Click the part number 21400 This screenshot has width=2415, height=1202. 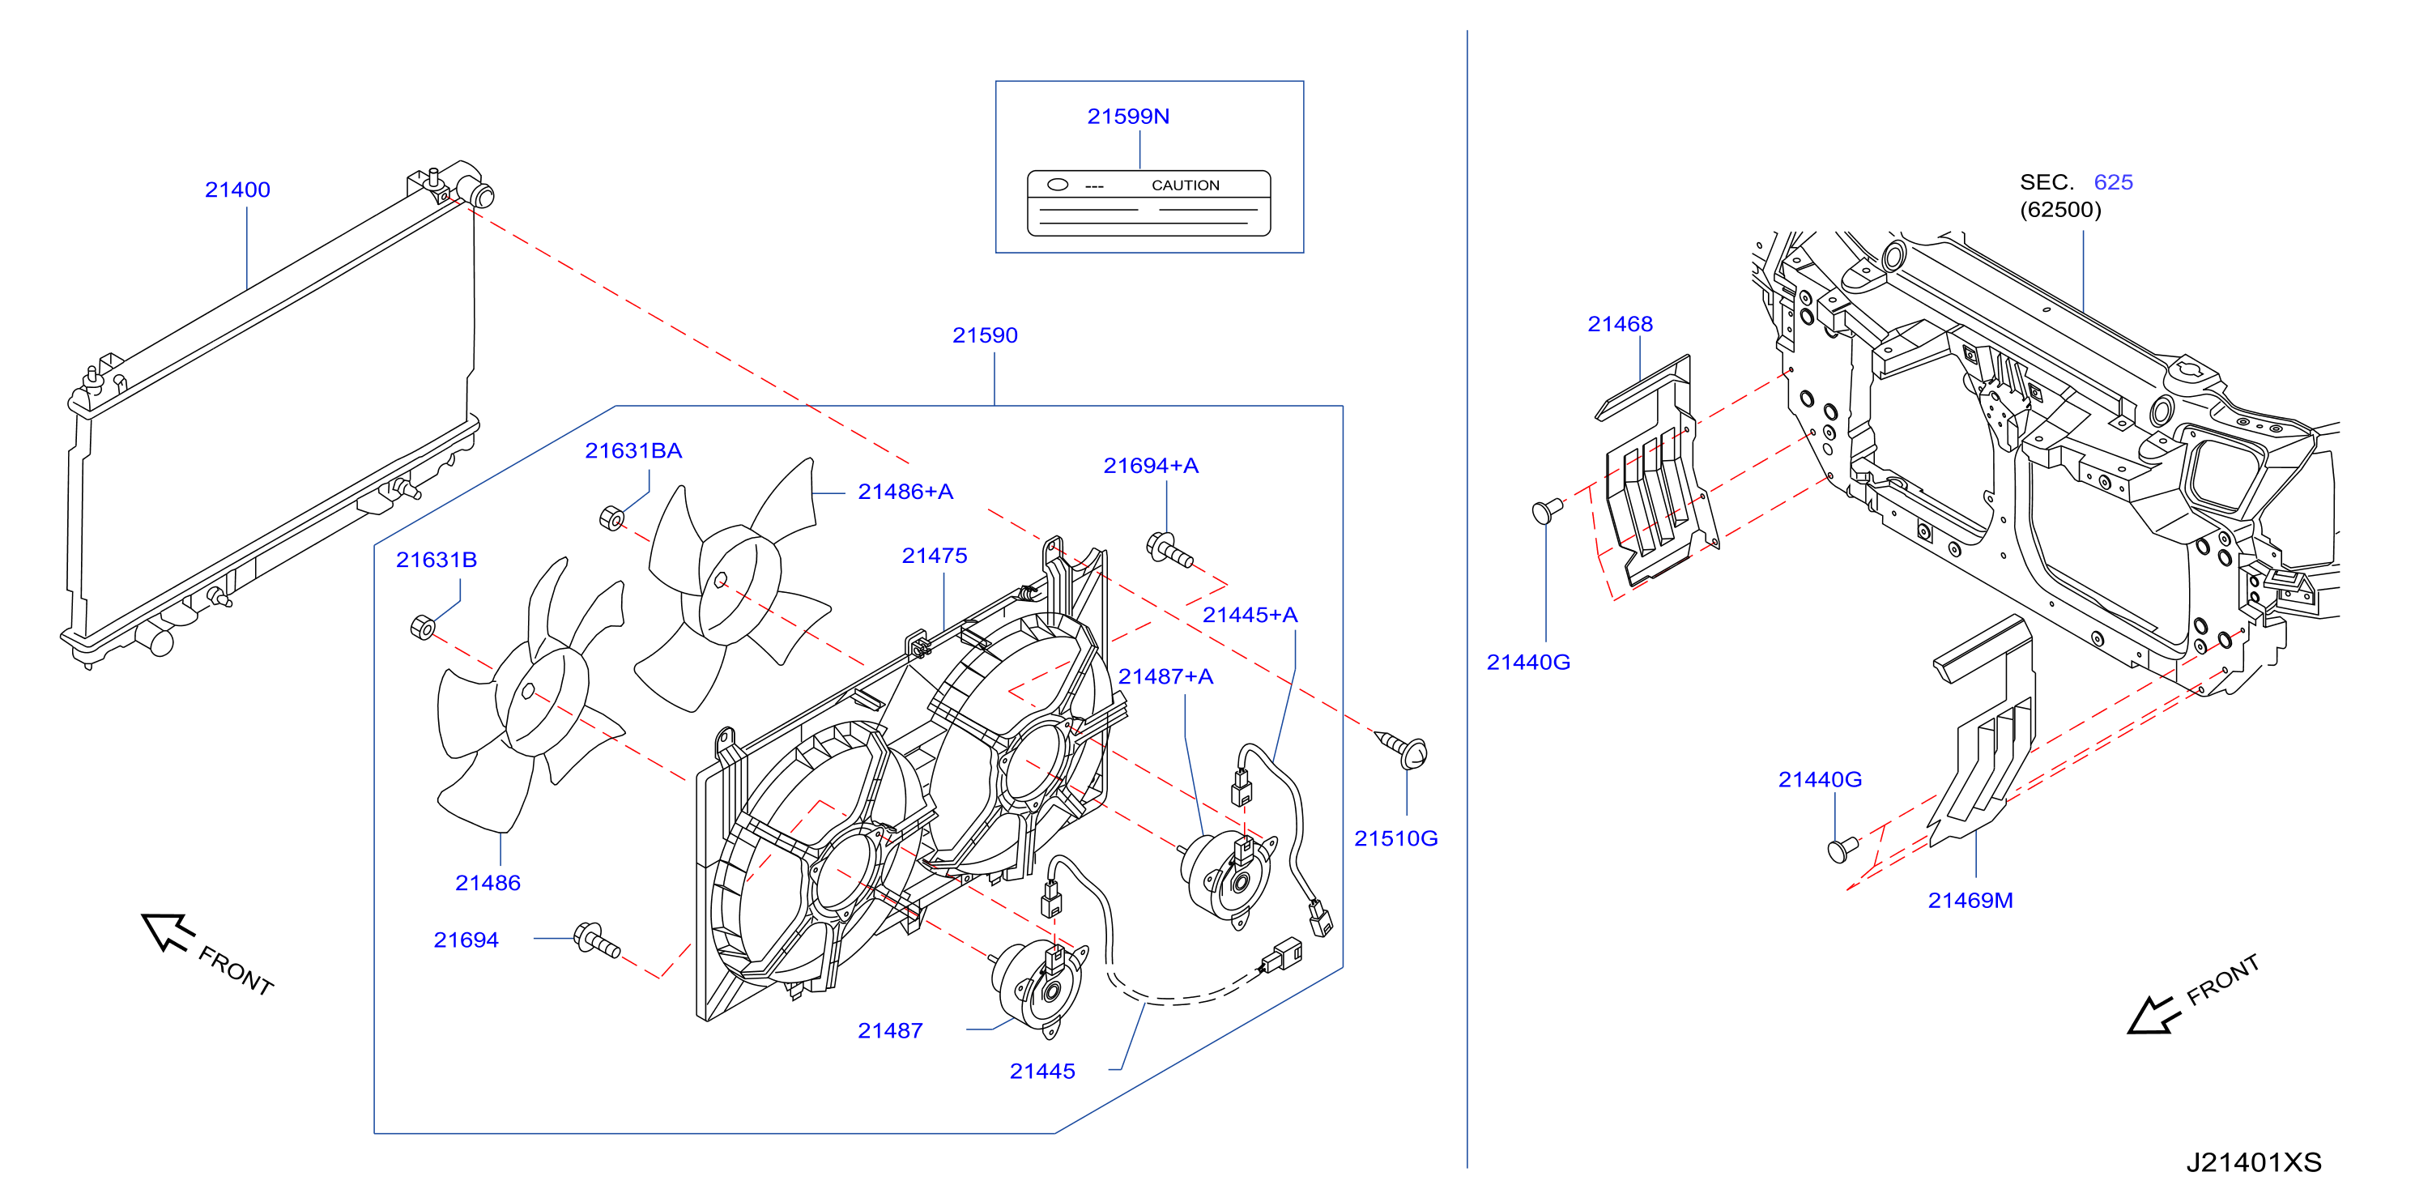tap(237, 190)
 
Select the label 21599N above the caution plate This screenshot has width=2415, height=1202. tap(1128, 117)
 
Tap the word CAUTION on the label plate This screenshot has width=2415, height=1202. tap(1185, 185)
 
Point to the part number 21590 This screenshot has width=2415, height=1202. tap(984, 335)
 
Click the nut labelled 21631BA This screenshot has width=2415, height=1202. tap(611, 518)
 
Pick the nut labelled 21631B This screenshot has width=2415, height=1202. tap(423, 627)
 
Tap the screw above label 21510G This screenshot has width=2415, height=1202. tap(1403, 749)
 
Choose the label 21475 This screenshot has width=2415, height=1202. tap(934, 555)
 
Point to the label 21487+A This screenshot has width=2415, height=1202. tap(1165, 676)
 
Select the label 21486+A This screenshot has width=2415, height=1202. tap(905, 492)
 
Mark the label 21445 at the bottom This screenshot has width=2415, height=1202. tap(1041, 1071)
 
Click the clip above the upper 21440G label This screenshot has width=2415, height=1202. tap(1546, 510)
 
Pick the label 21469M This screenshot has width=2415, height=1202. tap(1970, 900)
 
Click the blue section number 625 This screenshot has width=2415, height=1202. tap(2113, 182)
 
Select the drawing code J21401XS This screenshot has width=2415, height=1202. tap(2253, 1162)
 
